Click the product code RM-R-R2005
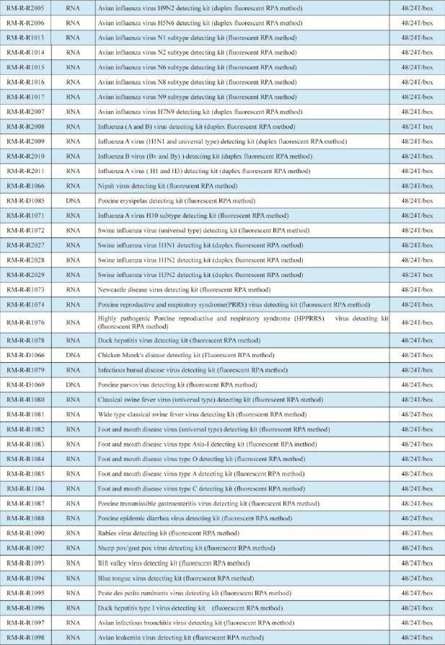25,8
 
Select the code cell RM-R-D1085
25,201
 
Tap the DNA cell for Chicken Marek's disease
73,355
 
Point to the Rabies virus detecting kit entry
168,533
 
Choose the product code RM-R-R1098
25,638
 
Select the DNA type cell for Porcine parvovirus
73,385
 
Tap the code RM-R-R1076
25,322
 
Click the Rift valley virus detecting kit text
174,563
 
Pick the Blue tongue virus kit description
176,578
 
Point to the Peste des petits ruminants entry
194,593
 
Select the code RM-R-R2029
25,275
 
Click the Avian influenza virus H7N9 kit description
200,112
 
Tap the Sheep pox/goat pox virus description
186,548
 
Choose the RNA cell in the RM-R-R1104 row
73,488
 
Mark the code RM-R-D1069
25,385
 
